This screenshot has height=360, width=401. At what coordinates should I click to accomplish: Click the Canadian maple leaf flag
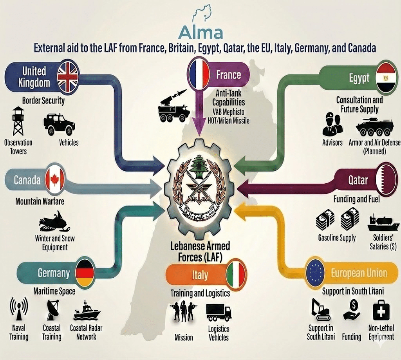[53, 180]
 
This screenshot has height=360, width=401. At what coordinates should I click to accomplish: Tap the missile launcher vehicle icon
[173, 105]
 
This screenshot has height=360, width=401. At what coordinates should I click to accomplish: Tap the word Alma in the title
[200, 33]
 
